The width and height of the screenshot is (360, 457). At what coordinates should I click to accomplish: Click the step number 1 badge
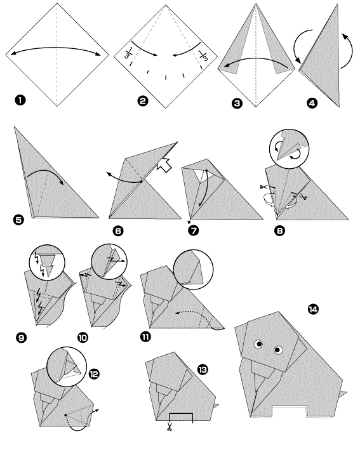pyautogui.click(x=20, y=100)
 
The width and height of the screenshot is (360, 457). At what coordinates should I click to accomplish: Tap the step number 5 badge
pyautogui.click(x=18, y=220)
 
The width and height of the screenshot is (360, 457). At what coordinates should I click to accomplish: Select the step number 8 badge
pyautogui.click(x=279, y=231)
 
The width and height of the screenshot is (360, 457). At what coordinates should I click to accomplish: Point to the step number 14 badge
pyautogui.click(x=313, y=309)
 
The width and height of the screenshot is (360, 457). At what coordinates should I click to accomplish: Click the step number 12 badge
pyautogui.click(x=94, y=374)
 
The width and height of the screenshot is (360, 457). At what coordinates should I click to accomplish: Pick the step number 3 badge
pyautogui.click(x=237, y=103)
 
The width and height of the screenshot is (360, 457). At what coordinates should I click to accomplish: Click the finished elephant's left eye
pyautogui.click(x=258, y=344)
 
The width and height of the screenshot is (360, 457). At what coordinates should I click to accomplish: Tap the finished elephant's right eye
pyautogui.click(x=278, y=350)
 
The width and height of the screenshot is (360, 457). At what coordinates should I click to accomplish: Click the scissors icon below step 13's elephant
pyautogui.click(x=169, y=427)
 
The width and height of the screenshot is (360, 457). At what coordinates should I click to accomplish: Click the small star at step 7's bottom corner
pyautogui.click(x=189, y=222)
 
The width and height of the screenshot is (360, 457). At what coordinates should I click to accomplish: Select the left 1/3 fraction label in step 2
pyautogui.click(x=129, y=52)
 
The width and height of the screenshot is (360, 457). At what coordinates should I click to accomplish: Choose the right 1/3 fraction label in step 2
pyautogui.click(x=203, y=55)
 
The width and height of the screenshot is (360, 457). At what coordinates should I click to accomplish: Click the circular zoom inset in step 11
pyautogui.click(x=193, y=269)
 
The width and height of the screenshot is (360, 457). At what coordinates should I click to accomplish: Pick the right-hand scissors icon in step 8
pyautogui.click(x=303, y=197)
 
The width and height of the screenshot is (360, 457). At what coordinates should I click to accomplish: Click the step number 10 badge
pyautogui.click(x=83, y=338)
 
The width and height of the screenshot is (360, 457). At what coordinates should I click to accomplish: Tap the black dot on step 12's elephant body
pyautogui.click(x=65, y=414)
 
